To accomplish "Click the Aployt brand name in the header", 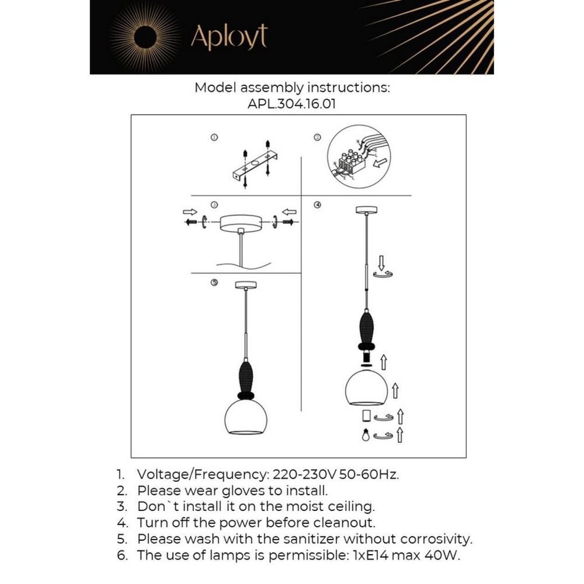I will point(229,37).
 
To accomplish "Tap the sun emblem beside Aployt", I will point(144,37).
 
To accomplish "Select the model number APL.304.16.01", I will point(292,104).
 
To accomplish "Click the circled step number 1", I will point(214,138).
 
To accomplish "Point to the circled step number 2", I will point(318,138).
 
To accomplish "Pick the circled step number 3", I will point(214,205).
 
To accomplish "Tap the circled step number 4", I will point(318,205).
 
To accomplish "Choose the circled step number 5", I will point(214,283).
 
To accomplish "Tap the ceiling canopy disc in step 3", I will point(239,224).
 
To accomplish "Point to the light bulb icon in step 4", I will point(366,435).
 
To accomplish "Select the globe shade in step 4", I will point(367,388).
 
